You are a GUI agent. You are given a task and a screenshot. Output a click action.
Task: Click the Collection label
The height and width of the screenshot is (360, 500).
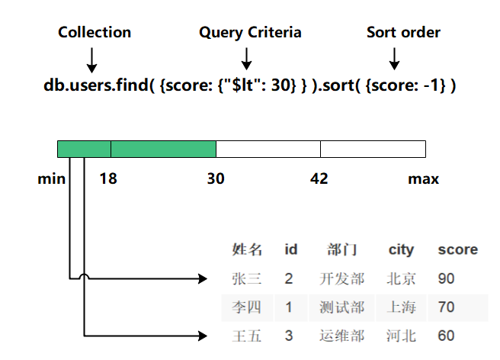(x=95, y=32)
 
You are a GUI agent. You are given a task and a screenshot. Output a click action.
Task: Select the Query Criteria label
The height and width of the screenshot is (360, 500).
(x=250, y=32)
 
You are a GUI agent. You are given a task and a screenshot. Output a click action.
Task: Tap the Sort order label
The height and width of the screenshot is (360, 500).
(x=403, y=32)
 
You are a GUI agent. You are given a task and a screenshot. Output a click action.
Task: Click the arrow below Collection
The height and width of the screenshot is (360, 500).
(x=92, y=59)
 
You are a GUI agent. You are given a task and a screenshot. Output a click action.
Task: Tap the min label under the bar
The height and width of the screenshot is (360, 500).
(x=50, y=179)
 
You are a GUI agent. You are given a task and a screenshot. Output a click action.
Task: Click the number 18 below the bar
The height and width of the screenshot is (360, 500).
(x=108, y=179)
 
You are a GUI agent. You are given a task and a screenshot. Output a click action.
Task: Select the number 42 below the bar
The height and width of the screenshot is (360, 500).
(x=319, y=179)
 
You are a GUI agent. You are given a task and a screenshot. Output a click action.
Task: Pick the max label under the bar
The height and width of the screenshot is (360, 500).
(x=423, y=179)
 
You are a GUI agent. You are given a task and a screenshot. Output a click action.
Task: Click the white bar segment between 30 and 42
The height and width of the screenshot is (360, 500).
(x=268, y=149)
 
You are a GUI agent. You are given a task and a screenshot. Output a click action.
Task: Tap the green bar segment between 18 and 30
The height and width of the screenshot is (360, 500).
(x=163, y=149)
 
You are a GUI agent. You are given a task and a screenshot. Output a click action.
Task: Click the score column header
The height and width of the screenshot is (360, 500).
(x=457, y=249)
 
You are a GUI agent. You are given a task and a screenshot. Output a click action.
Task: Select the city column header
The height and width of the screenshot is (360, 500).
(x=401, y=249)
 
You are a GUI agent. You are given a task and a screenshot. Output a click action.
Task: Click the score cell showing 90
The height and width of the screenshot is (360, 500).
(x=446, y=278)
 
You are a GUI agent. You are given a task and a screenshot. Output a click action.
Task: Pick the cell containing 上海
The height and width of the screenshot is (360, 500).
(x=401, y=307)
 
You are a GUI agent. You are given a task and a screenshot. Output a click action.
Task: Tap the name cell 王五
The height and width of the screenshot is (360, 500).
(x=247, y=336)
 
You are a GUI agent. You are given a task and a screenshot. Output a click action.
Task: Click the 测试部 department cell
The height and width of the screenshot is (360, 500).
(x=342, y=307)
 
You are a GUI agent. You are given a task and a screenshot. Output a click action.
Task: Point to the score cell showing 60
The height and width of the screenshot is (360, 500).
(x=446, y=336)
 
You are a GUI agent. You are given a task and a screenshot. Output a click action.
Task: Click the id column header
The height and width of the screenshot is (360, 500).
(x=290, y=249)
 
